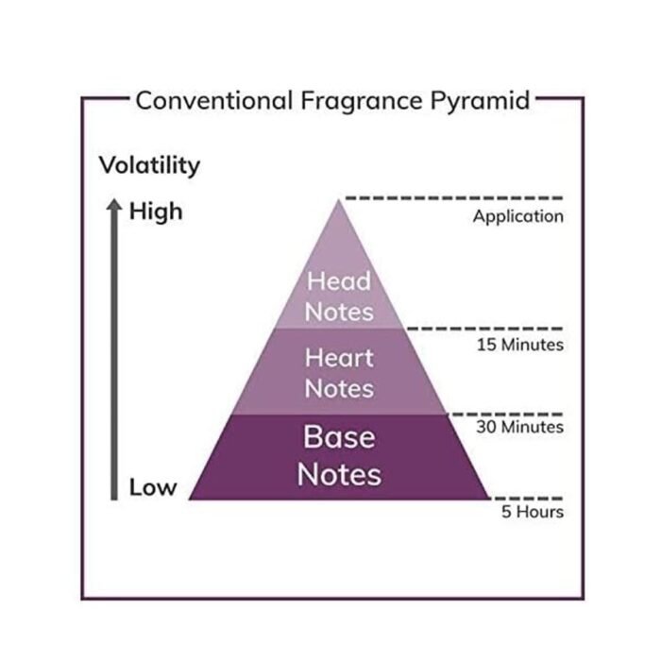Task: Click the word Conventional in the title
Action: [214, 101]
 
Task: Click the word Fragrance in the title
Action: [362, 101]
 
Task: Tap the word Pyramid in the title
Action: [480, 101]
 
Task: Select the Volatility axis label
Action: [149, 165]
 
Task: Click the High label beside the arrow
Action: [156, 212]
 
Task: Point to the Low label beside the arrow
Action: [153, 487]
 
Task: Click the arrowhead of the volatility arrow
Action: [114, 205]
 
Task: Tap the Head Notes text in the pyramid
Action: [339, 297]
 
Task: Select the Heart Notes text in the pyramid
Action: [339, 373]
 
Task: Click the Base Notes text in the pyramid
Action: [339, 456]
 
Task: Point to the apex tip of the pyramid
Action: [338, 200]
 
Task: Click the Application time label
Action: [518, 217]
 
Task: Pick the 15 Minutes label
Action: [520, 345]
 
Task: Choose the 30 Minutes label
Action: [519, 427]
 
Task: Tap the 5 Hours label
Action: [533, 512]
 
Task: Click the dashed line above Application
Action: [454, 197]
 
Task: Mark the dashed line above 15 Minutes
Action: [484, 328]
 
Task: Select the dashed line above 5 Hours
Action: [528, 499]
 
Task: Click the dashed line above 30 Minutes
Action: [506, 415]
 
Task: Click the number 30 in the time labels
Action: [487, 427]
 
